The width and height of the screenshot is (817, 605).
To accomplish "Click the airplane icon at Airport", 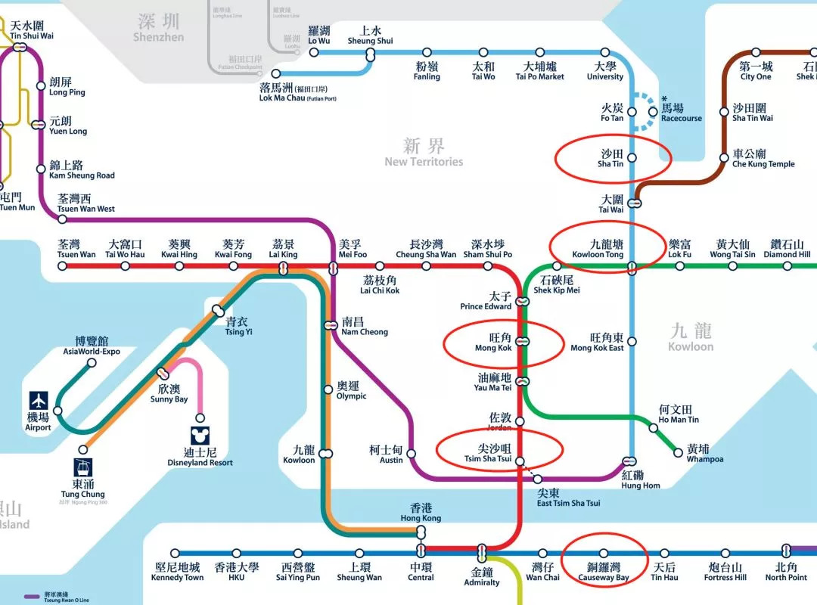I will (38, 401).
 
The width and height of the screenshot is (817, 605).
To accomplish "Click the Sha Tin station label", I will (610, 158).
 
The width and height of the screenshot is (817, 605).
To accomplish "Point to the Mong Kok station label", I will (493, 343).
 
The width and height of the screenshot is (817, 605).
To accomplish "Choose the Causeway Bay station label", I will (603, 572).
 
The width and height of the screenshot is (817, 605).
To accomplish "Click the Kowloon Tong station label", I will (598, 250).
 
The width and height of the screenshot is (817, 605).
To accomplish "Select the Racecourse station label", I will (681, 113).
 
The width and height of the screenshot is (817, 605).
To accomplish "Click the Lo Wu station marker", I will (314, 52).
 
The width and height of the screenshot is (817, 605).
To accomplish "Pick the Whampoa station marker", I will (679, 453).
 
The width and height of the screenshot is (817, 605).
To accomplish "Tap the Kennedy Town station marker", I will (176, 554).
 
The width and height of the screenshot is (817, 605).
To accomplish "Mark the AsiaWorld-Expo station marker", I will (92, 363).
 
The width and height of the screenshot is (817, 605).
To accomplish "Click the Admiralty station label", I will (482, 577).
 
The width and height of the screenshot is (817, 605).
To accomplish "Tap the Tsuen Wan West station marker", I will (62, 219).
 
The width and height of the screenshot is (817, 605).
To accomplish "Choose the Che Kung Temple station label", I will (763, 159).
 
